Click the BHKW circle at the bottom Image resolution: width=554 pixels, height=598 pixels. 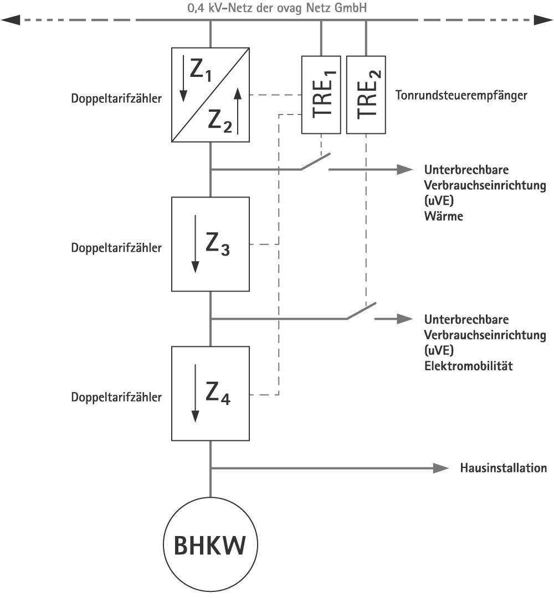[211, 545]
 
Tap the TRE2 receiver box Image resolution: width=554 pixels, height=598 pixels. [366, 95]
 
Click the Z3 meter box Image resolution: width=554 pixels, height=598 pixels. [211, 244]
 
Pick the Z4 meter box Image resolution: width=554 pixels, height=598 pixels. [211, 393]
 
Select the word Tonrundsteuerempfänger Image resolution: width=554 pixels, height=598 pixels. [461, 95]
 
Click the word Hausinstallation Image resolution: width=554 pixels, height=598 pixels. [504, 468]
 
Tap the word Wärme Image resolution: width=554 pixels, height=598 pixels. [443, 216]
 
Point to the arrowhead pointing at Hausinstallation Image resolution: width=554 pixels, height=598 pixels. [441, 468]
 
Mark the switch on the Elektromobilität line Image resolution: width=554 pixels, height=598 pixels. [362, 311]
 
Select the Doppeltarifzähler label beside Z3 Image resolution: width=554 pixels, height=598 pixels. [116, 248]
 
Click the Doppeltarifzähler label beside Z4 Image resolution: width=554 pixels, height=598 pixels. [116, 397]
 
